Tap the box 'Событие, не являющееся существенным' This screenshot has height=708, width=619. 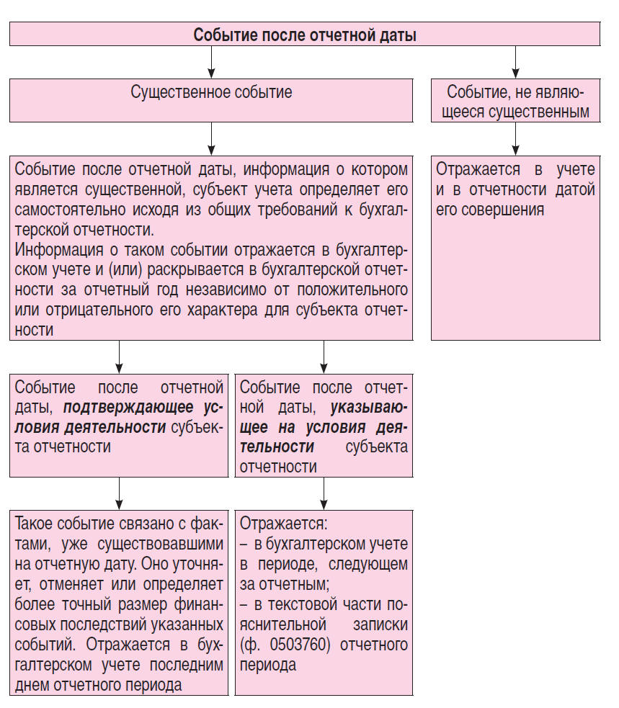click(515, 102)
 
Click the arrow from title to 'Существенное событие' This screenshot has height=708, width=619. click(211, 63)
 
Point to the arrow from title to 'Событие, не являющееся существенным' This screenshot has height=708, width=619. click(515, 63)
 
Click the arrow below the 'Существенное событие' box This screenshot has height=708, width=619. click(211, 138)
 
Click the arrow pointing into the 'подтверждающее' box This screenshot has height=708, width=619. click(119, 357)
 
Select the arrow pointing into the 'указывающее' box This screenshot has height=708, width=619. click(324, 357)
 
